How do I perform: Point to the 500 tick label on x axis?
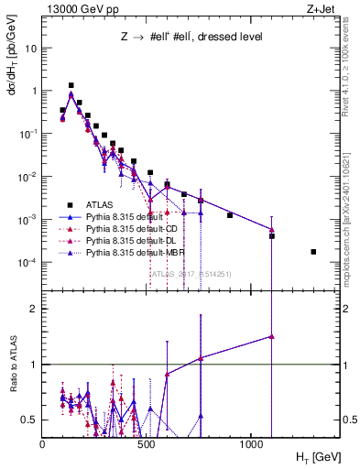pos(147,444)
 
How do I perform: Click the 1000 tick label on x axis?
pos(251,444)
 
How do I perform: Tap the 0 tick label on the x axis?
pos(43,444)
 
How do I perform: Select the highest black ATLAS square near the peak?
pos(71,85)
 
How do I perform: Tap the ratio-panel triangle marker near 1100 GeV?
pos(272,336)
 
